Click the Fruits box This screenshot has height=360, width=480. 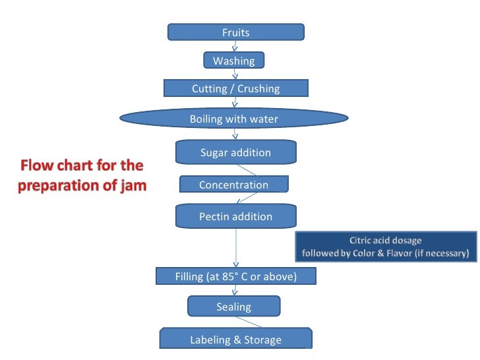pyautogui.click(x=235, y=32)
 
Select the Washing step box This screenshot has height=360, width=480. pyautogui.click(x=233, y=61)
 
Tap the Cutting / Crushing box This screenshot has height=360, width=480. pyautogui.click(x=235, y=88)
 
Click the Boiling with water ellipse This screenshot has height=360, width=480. pyautogui.click(x=234, y=119)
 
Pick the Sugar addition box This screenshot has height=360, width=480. pyautogui.click(x=235, y=153)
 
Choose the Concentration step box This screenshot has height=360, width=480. pyautogui.click(x=233, y=185)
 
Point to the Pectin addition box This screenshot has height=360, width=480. pyautogui.click(x=235, y=216)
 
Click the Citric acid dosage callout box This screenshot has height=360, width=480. pyautogui.click(x=385, y=247)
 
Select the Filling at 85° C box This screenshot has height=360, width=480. pyautogui.click(x=235, y=276)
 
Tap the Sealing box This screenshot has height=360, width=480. pyautogui.click(x=233, y=307)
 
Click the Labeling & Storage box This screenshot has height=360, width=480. pyautogui.click(x=235, y=340)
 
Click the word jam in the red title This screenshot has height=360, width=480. pyautogui.click(x=131, y=185)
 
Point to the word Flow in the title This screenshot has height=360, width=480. pyautogui.click(x=37, y=165)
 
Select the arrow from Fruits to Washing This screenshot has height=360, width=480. pyautogui.click(x=235, y=46)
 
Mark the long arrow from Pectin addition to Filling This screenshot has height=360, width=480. pyautogui.click(x=235, y=247)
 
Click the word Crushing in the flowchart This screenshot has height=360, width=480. pyautogui.click(x=257, y=88)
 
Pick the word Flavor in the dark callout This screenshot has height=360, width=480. pyautogui.click(x=411, y=253)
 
